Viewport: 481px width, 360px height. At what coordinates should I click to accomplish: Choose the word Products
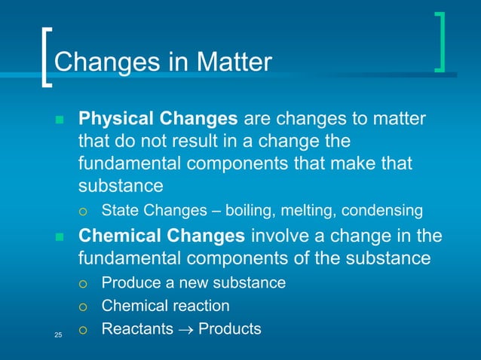coord(229,329)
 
